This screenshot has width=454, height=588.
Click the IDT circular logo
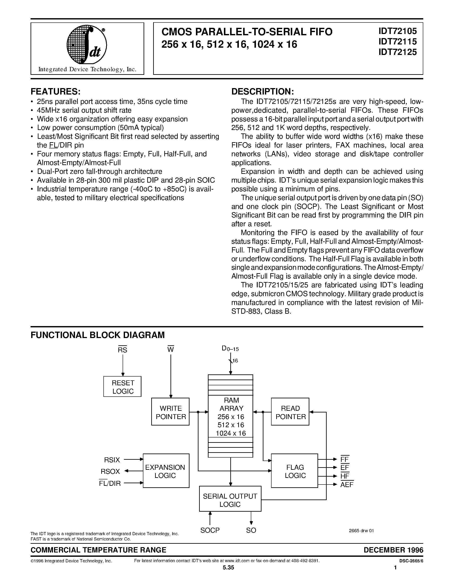pyautogui.click(x=87, y=45)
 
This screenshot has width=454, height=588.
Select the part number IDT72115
pyautogui.click(x=398, y=41)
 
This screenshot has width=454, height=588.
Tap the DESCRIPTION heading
pyautogui.click(x=263, y=92)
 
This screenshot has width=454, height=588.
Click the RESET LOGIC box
pyautogui.click(x=122, y=387)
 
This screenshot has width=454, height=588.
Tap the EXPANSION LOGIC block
pyautogui.click(x=166, y=471)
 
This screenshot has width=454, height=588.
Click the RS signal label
pyautogui.click(x=122, y=350)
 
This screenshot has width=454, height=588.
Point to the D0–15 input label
pyautogui.click(x=230, y=349)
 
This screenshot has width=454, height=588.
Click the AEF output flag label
pyautogui.click(x=347, y=485)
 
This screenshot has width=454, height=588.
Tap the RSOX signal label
pyautogui.click(x=110, y=471)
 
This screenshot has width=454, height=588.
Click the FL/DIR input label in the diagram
pyautogui.click(x=110, y=483)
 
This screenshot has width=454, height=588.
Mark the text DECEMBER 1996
pyautogui.click(x=393, y=550)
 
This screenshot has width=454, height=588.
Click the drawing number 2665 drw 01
pyautogui.click(x=361, y=531)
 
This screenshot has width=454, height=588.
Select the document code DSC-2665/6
pyautogui.click(x=411, y=561)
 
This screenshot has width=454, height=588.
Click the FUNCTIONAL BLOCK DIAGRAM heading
pyautogui.click(x=97, y=335)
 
